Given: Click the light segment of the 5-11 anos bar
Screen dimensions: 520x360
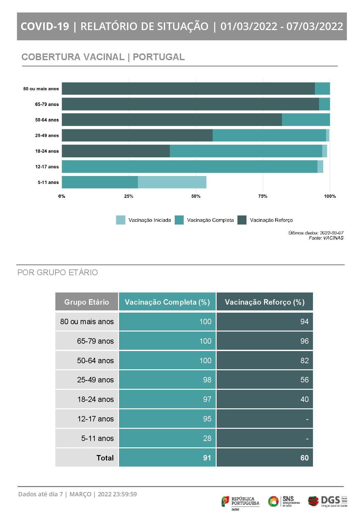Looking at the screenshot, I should (x=172, y=182).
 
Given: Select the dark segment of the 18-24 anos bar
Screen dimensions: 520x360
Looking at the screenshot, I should (x=116, y=151).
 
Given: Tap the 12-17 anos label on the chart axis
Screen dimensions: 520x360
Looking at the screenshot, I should (x=47, y=167).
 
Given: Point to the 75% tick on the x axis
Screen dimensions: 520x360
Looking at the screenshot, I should (x=263, y=196).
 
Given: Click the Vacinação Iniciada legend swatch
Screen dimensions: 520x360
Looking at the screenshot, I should (x=120, y=220).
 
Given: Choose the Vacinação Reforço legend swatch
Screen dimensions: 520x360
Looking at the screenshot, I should (x=242, y=220).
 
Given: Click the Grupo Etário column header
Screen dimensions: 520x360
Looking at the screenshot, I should (x=86, y=302).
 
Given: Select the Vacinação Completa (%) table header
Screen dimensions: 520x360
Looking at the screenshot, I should (x=167, y=302).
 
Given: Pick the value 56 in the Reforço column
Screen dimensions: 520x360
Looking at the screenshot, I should (x=304, y=380).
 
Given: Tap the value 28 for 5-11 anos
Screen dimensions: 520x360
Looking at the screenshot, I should (x=207, y=438).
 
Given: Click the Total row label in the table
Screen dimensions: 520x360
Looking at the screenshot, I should (x=105, y=458).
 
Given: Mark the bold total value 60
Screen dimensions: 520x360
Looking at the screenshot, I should (x=304, y=458).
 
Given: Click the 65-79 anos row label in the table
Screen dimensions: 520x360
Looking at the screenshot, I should (x=95, y=341).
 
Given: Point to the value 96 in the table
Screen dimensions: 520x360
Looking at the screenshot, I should (x=304, y=341).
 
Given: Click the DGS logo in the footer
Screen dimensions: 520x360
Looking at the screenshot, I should (x=327, y=501).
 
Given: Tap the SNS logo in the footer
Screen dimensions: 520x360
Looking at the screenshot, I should (x=284, y=501).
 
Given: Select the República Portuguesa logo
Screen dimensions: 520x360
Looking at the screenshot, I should (x=240, y=501).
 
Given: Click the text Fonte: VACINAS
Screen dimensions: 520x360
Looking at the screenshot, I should (x=326, y=238).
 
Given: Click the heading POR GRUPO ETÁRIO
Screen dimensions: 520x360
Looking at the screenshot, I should (x=58, y=272).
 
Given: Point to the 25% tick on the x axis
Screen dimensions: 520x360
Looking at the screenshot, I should (x=129, y=196).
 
